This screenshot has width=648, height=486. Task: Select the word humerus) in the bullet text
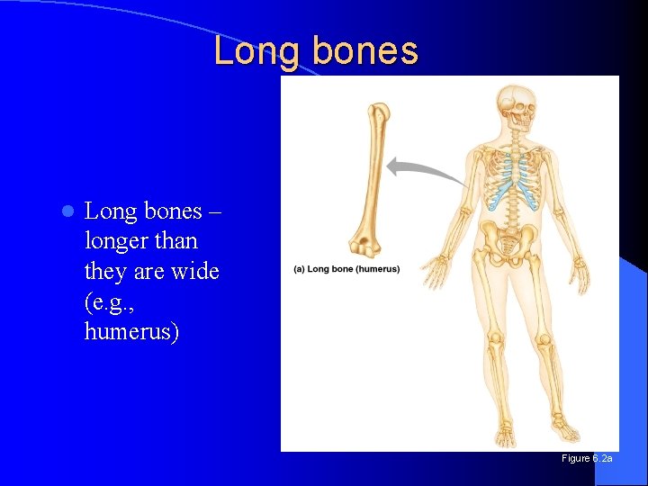[131, 332]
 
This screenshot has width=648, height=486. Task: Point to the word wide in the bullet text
[196, 271]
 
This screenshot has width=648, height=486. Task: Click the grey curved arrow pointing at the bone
[423, 167]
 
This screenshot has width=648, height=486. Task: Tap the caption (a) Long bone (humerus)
[346, 269]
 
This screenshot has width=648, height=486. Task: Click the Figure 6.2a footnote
[587, 459]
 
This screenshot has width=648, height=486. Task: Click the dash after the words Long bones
[215, 211]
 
